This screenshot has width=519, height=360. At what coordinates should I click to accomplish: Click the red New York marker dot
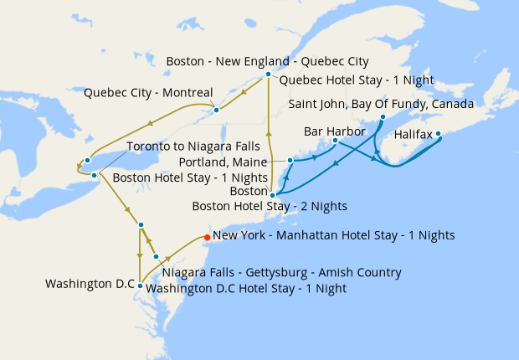(x=207, y=236)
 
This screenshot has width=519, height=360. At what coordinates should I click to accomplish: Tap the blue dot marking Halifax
(x=438, y=133)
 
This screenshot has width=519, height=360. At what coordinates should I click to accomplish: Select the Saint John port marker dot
(x=382, y=117)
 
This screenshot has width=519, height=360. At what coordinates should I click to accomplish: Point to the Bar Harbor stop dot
(x=335, y=141)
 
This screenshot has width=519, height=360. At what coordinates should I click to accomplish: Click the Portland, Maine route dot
(x=290, y=160)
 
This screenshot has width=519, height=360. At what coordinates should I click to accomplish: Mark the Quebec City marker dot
(x=268, y=75)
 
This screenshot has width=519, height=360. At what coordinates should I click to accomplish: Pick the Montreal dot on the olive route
(x=216, y=109)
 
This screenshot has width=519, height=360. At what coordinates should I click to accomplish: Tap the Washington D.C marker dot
(x=141, y=285)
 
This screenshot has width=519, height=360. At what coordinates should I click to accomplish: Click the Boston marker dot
(x=272, y=194)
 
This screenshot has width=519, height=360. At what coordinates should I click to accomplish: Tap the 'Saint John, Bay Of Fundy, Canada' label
(x=381, y=104)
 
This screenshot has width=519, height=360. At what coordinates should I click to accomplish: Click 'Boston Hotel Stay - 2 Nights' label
(x=270, y=206)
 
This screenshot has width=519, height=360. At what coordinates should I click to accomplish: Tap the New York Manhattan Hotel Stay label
(x=334, y=236)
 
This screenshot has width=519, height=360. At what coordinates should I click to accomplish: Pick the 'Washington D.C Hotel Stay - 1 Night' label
(x=246, y=288)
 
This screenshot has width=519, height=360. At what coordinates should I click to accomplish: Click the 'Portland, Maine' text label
(x=224, y=162)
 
